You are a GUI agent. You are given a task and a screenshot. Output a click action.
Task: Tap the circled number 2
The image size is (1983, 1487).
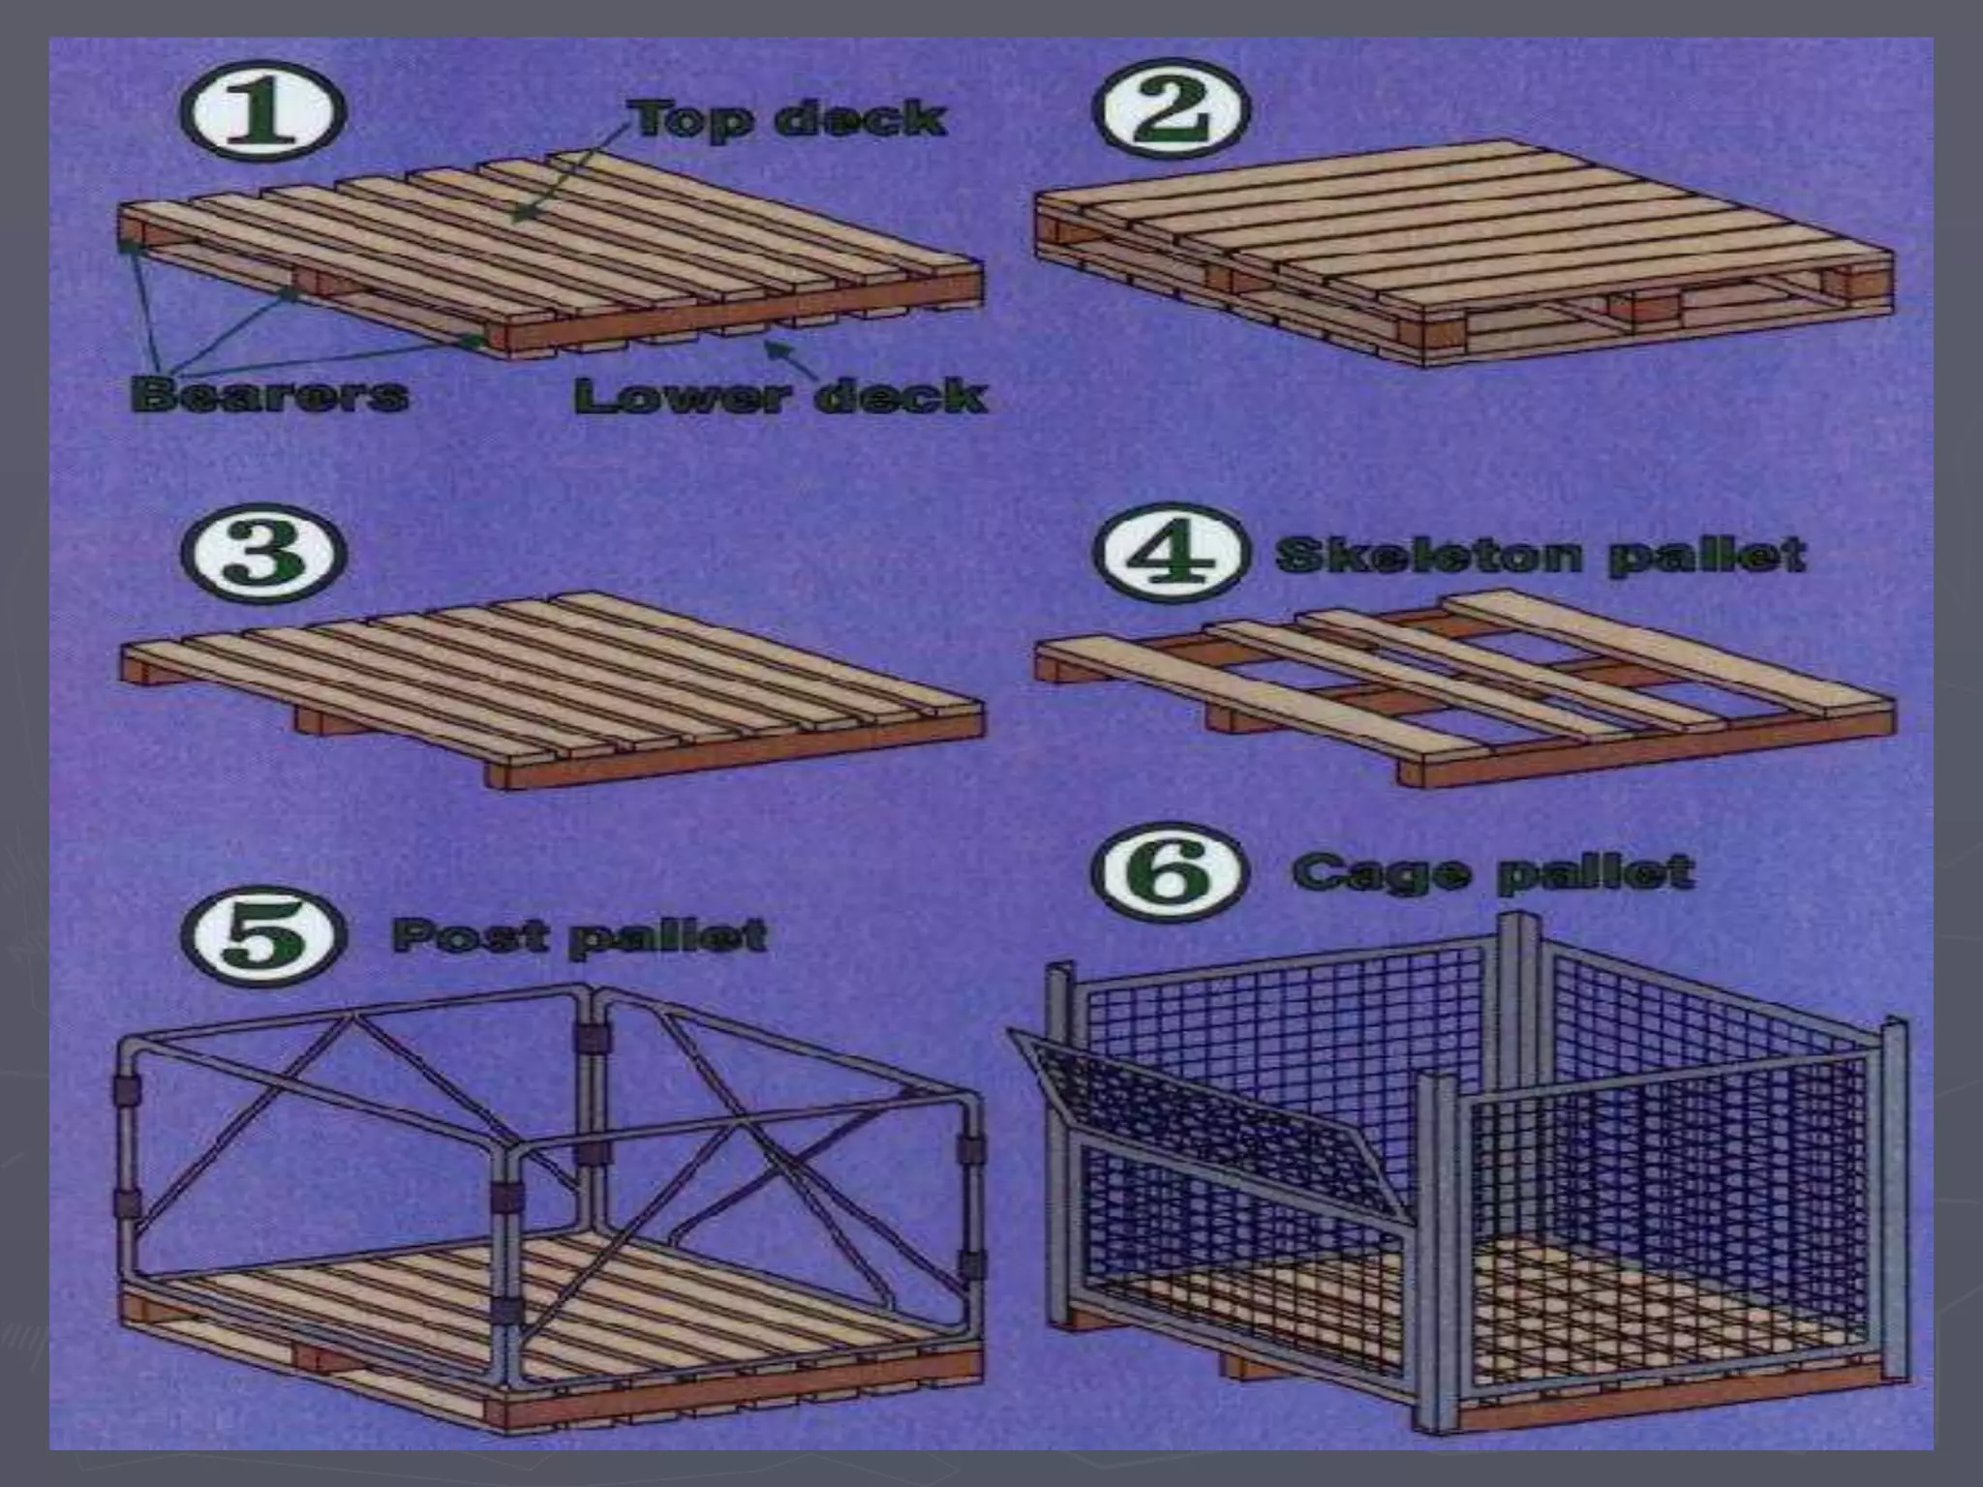[x=1171, y=110]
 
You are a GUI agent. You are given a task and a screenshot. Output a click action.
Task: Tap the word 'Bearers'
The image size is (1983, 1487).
[x=268, y=394]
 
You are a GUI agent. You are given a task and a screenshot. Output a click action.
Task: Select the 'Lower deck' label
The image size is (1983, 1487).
[x=779, y=396]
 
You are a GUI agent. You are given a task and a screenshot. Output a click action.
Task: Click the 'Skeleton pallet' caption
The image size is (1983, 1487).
[x=1540, y=557]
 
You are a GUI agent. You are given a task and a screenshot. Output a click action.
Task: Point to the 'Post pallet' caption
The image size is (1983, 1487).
[x=578, y=936]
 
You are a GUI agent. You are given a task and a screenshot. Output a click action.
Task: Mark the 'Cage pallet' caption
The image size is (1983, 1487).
[x=1492, y=872]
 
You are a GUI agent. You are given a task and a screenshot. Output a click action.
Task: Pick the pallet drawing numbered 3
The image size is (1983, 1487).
[x=552, y=687]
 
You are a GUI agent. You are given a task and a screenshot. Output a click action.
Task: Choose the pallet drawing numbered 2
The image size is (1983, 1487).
[x=1462, y=252]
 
